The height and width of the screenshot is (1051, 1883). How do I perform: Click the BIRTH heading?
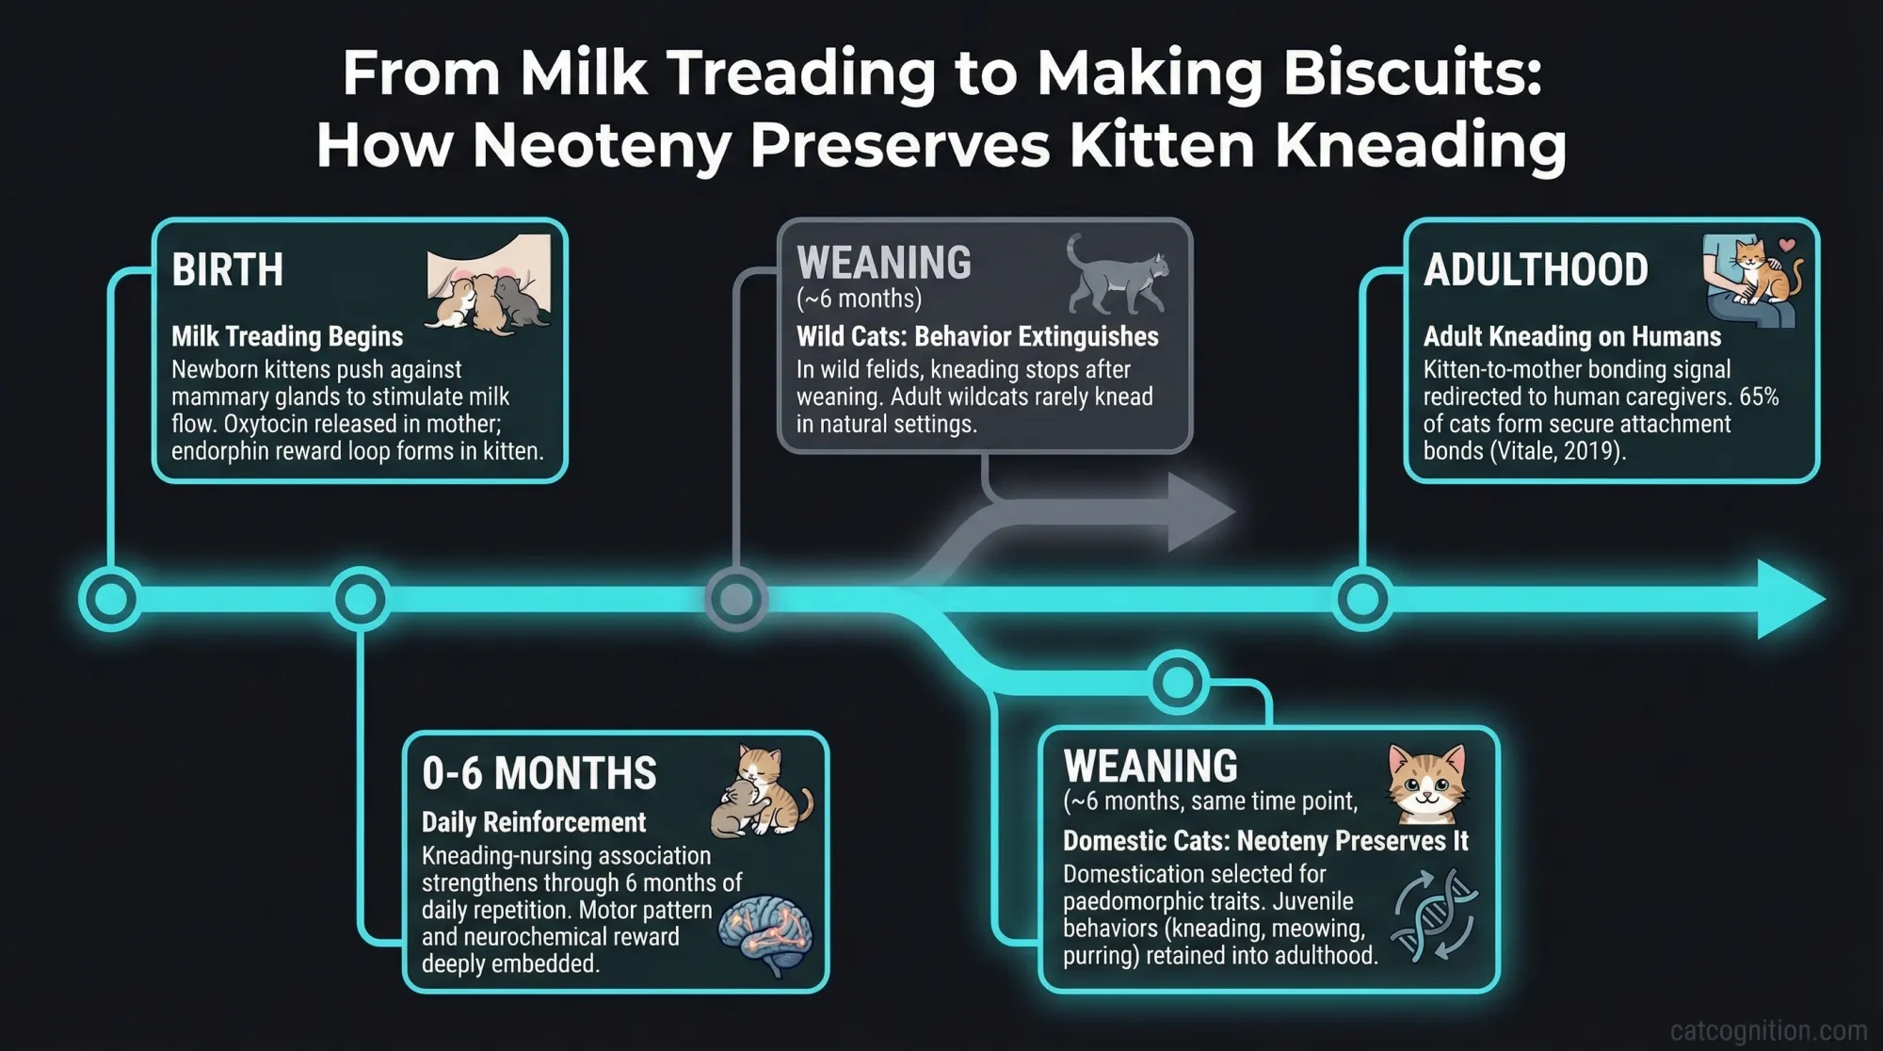[227, 270]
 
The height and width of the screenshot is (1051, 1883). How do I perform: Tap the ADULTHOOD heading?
[1536, 270]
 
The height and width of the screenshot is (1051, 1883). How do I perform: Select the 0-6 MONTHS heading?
[539, 774]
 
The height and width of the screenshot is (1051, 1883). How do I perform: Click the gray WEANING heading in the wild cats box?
[884, 263]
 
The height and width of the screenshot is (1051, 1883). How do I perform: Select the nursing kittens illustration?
[489, 283]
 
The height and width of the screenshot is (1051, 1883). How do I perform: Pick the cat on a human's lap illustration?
[1754, 282]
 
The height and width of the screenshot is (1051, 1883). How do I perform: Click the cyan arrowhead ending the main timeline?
[1789, 599]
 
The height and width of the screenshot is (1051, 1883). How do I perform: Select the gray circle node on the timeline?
[736, 599]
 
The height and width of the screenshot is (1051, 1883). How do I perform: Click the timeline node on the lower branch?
[1178, 681]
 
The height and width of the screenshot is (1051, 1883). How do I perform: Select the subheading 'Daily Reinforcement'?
[533, 822]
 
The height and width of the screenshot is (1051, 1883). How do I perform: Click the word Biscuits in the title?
[1412, 73]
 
